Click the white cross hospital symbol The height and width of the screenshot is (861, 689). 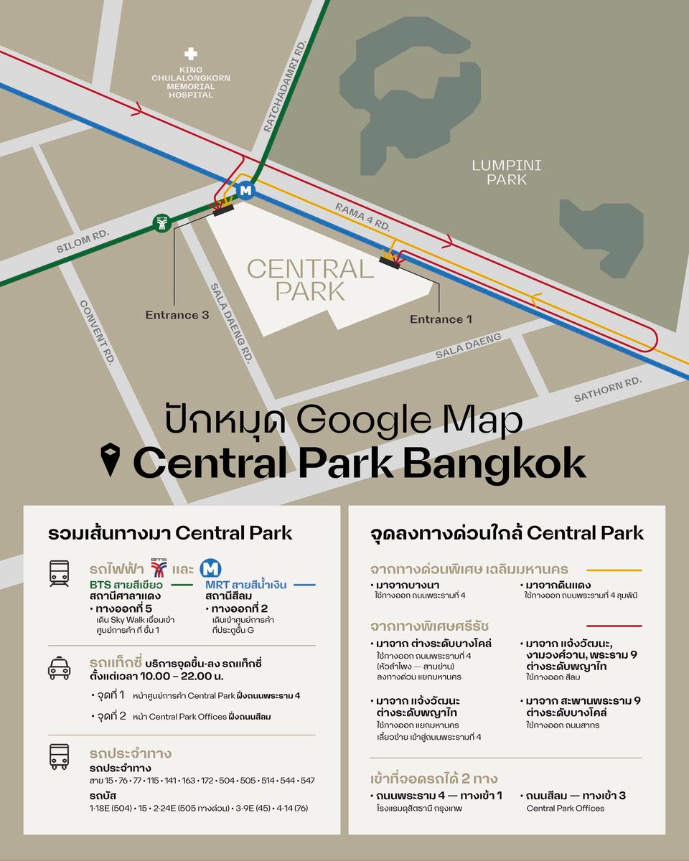(x=190, y=54)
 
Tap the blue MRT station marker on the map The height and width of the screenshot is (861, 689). (x=246, y=191)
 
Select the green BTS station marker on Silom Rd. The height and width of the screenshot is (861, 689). (x=163, y=224)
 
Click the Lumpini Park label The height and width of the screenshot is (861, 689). (x=507, y=173)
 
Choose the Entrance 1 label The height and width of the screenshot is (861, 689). (x=441, y=319)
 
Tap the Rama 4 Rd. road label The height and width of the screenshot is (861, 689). (x=362, y=215)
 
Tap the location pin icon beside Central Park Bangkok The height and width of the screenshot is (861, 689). (x=110, y=460)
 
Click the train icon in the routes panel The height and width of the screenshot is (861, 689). (x=60, y=574)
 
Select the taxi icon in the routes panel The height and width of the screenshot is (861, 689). (x=60, y=667)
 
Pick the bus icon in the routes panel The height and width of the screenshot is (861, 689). (x=60, y=756)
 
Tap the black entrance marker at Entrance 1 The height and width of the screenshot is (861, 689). (x=389, y=263)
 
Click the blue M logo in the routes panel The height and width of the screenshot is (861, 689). (x=210, y=569)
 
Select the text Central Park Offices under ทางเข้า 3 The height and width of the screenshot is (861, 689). (x=566, y=808)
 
